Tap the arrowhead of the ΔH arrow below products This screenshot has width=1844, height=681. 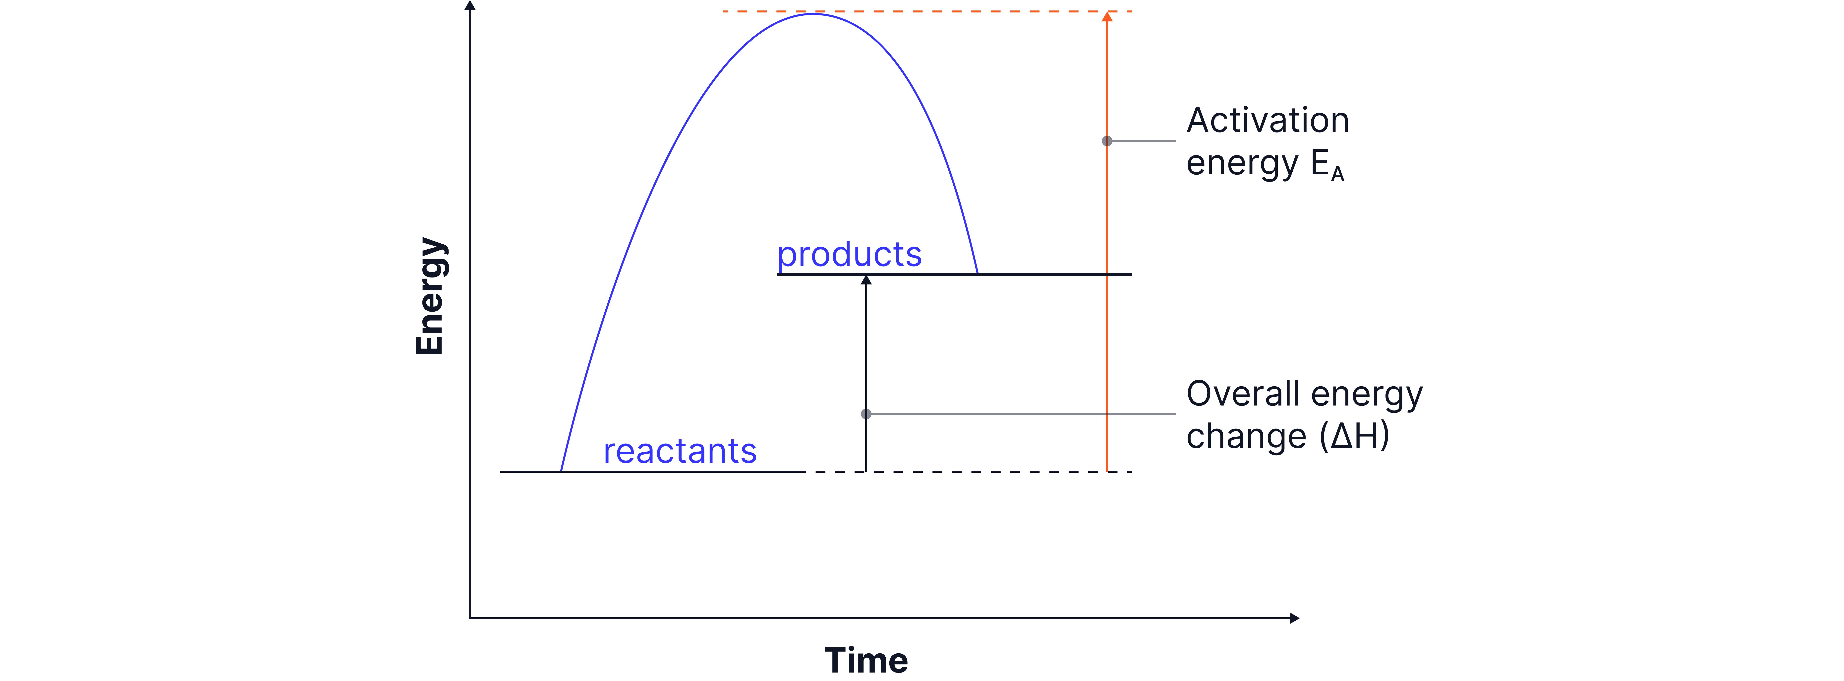coord(866,280)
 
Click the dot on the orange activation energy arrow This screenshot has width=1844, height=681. coord(1107,141)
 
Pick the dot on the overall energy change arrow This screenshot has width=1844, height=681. coord(866,414)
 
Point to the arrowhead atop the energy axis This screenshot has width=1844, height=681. coord(470,6)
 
